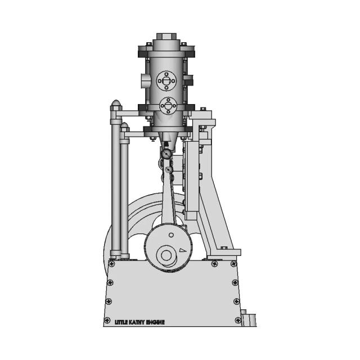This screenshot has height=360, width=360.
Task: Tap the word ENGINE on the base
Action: pos(156,322)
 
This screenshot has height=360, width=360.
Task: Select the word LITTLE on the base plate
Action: pos(121,322)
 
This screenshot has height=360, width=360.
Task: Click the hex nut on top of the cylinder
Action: pos(166,38)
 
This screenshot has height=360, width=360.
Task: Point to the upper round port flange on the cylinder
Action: pos(167,81)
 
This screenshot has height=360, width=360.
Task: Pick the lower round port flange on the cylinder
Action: pos(167,105)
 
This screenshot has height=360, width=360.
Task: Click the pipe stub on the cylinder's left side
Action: pos(143,81)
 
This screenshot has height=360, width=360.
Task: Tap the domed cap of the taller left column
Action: pos(116,105)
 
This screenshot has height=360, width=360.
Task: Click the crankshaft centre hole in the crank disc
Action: pos(166,255)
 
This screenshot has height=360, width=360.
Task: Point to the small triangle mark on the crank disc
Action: pos(182,249)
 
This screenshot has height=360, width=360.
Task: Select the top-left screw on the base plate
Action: pos(112,264)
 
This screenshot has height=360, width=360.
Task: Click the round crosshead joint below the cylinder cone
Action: pos(166,154)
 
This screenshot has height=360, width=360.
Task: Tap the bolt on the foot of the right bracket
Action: pos(223,248)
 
